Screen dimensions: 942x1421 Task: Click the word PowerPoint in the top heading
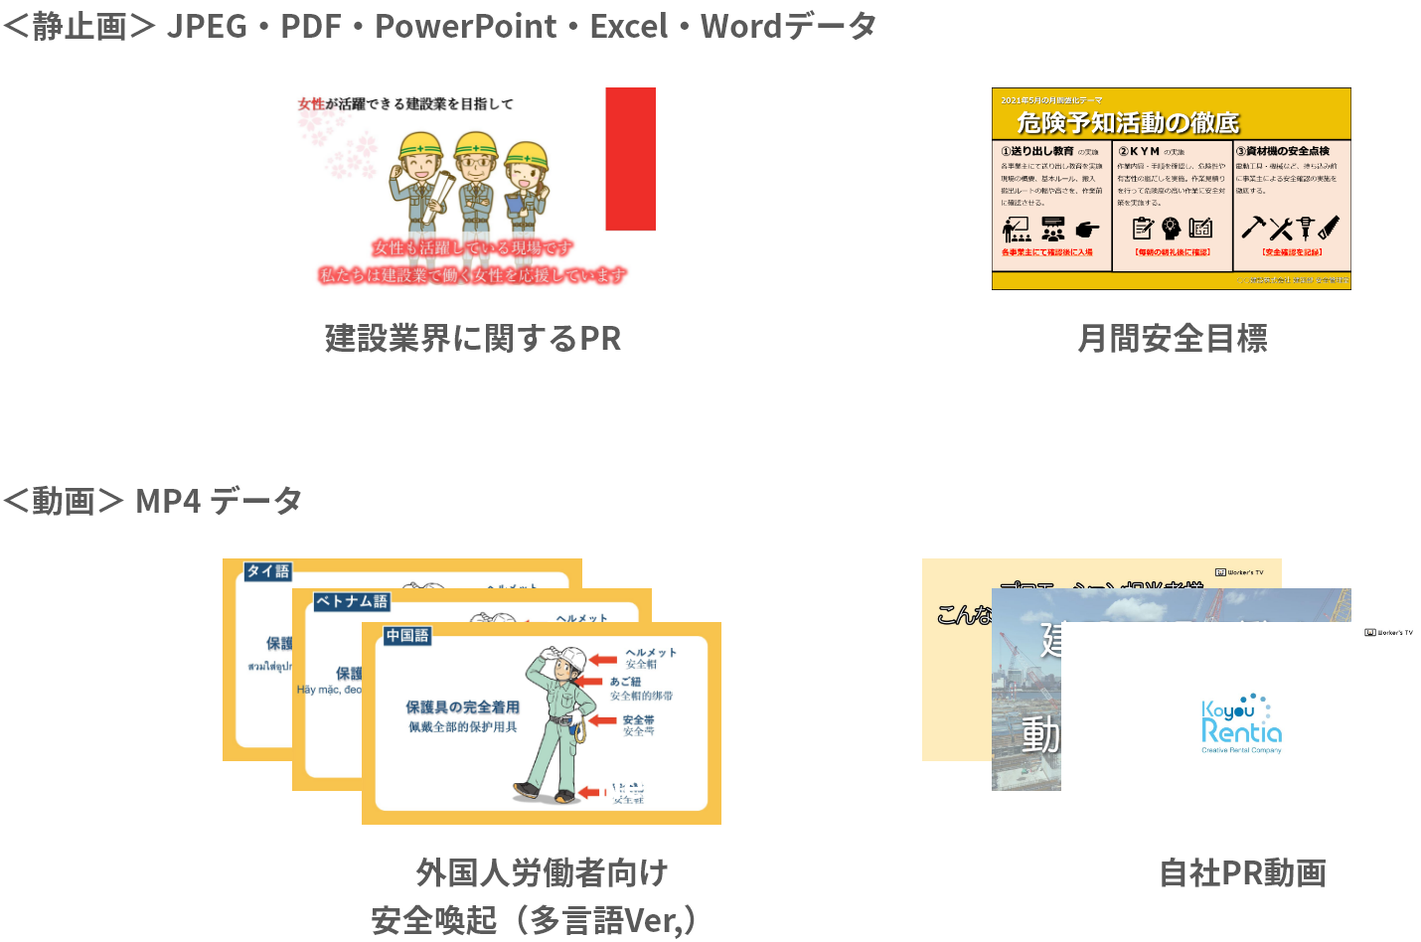(465, 26)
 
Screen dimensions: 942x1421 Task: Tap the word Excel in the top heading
(628, 26)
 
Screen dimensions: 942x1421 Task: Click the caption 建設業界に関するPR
(473, 339)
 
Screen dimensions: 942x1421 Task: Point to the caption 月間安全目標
(1173, 339)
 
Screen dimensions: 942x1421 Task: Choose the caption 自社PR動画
(1242, 873)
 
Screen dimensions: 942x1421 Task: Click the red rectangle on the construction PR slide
(630, 159)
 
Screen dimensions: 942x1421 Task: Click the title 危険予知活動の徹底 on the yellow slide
(1128, 122)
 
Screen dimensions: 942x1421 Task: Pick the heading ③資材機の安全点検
(1283, 151)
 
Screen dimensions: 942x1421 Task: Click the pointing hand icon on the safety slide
(1087, 230)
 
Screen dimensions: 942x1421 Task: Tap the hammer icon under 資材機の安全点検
(1252, 228)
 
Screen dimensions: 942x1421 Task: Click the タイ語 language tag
(267, 571)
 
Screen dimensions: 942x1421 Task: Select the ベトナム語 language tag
(351, 601)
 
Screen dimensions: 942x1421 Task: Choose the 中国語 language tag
(407, 635)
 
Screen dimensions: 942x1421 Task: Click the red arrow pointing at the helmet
(603, 659)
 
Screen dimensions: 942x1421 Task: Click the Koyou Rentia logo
(1241, 722)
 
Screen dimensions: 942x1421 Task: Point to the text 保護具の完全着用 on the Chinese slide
(462, 706)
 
